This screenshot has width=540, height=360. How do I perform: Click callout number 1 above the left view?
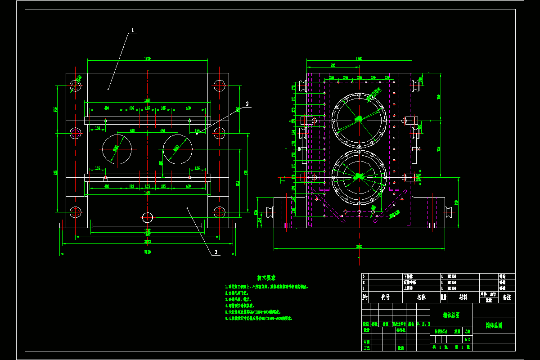point(133,30)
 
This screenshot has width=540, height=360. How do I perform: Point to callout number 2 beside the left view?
point(247,103)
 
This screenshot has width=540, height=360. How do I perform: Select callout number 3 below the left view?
point(216,252)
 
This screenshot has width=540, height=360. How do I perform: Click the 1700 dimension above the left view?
point(147,58)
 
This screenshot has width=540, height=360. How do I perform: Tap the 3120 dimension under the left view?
point(147,252)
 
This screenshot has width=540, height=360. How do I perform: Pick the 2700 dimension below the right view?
point(359,247)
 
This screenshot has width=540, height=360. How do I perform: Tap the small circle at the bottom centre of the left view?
point(147,217)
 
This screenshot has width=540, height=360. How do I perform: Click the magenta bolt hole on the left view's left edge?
point(75,133)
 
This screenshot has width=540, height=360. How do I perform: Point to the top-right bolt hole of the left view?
point(219,85)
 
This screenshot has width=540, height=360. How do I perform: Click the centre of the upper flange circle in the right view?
point(359,119)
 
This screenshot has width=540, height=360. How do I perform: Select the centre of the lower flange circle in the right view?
point(359,176)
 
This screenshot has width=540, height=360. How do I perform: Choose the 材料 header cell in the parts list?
point(463,297)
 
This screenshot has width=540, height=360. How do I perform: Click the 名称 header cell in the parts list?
point(421,297)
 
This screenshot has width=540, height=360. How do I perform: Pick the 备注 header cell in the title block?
point(506,297)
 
